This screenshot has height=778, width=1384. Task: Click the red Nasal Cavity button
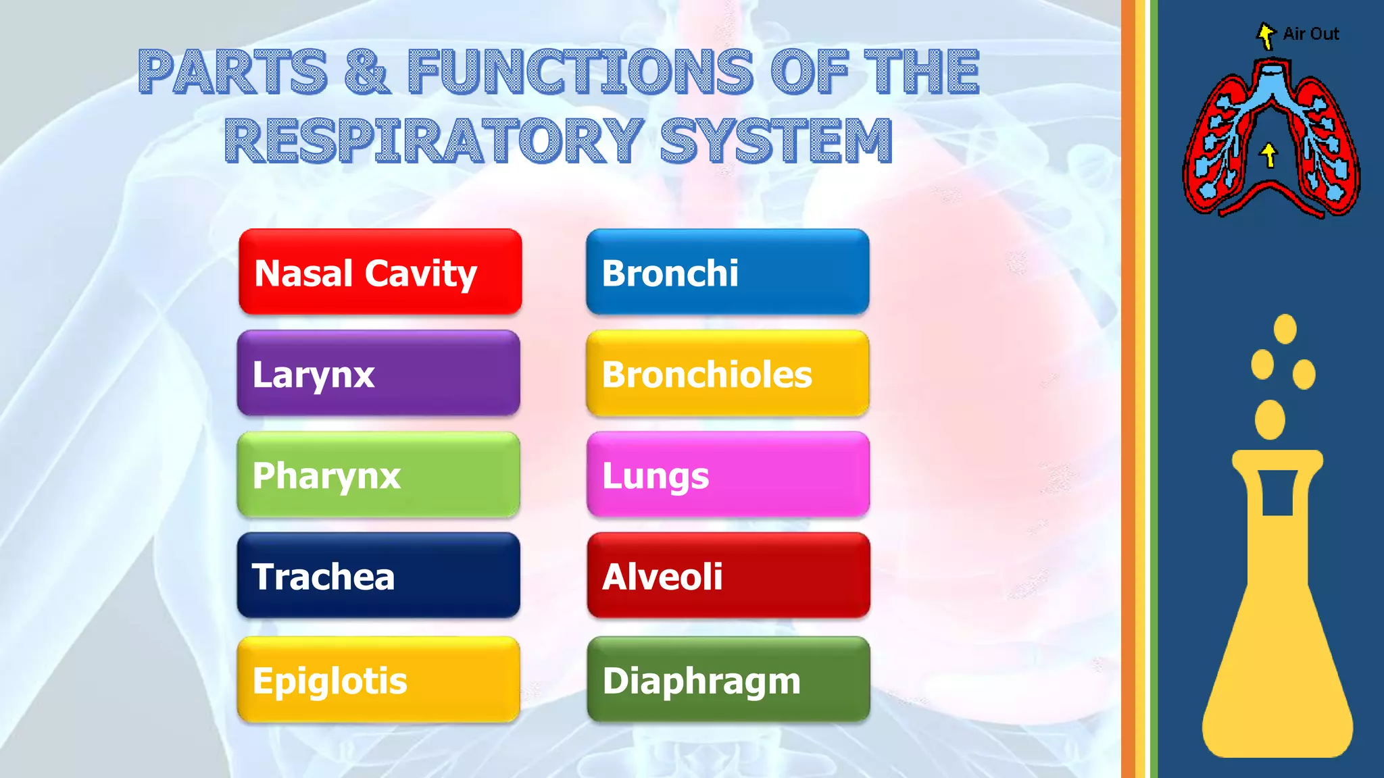pyautogui.click(x=380, y=271)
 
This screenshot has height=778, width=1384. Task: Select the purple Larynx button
pyautogui.click(x=378, y=373)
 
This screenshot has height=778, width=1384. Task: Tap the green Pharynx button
pyautogui.click(x=378, y=475)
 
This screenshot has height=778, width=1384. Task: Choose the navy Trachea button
pyautogui.click(x=378, y=575)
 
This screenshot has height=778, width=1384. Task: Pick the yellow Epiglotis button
pyautogui.click(x=378, y=679)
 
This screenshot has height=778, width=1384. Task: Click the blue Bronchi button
pyautogui.click(x=727, y=271)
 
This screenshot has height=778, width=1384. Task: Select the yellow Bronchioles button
pyautogui.click(x=727, y=373)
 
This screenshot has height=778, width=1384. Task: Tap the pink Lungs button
pyautogui.click(x=728, y=475)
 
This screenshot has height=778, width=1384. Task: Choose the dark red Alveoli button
pyautogui.click(x=728, y=575)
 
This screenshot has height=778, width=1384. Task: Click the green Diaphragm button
pyautogui.click(x=728, y=679)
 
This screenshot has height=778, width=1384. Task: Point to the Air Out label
pyautogui.click(x=1310, y=34)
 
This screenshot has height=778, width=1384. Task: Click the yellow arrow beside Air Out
pyautogui.click(x=1266, y=35)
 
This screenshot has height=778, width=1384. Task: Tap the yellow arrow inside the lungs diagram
pyautogui.click(x=1269, y=155)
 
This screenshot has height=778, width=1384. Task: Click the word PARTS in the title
pyautogui.click(x=233, y=72)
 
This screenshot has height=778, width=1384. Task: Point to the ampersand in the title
pyautogui.click(x=367, y=72)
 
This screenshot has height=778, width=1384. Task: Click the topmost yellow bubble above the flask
pyautogui.click(x=1285, y=329)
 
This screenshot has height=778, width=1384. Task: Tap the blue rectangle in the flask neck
pyautogui.click(x=1277, y=492)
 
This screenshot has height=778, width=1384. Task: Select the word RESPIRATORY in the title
pyautogui.click(x=432, y=140)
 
